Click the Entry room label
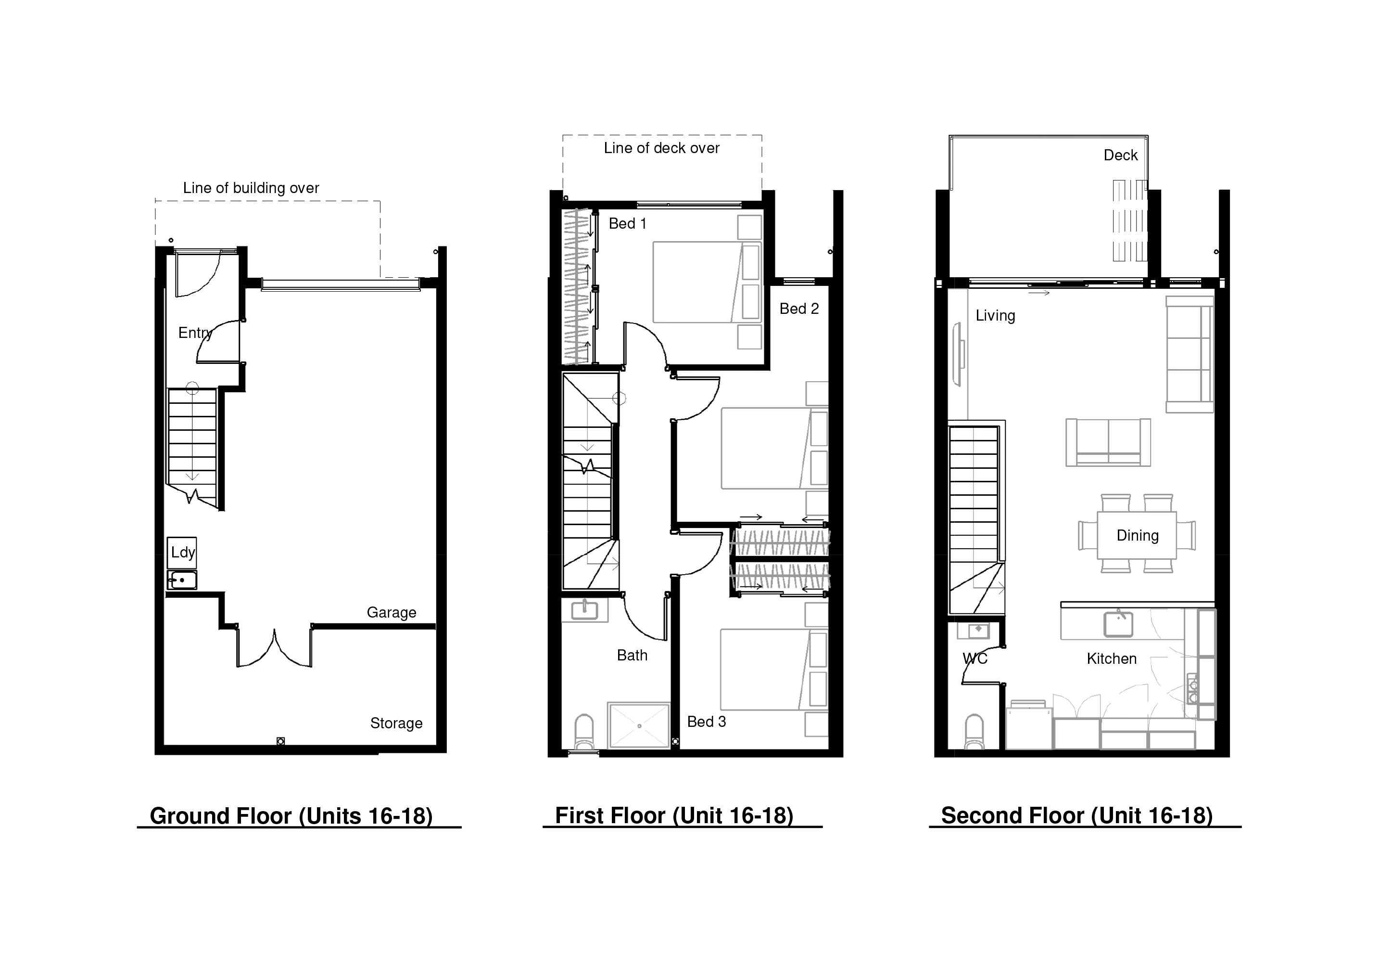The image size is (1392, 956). click(195, 333)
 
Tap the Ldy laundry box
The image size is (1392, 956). click(182, 553)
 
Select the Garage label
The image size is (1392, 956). click(391, 613)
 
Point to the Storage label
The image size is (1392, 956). click(396, 723)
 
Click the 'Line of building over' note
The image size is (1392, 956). click(251, 188)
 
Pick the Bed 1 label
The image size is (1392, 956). click(627, 223)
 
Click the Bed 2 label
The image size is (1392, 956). click(799, 309)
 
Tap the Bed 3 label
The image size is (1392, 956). click(706, 722)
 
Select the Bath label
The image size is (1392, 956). click(632, 655)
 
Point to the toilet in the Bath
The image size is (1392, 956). click(584, 732)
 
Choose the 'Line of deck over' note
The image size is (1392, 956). click(661, 148)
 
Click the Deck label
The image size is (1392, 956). click(1120, 155)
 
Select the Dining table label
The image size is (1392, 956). click(1138, 535)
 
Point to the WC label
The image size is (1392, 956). click(974, 659)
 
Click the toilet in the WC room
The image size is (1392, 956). click(974, 732)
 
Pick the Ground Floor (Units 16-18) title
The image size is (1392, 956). click(291, 816)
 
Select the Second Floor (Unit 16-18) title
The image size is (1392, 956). click(1077, 816)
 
